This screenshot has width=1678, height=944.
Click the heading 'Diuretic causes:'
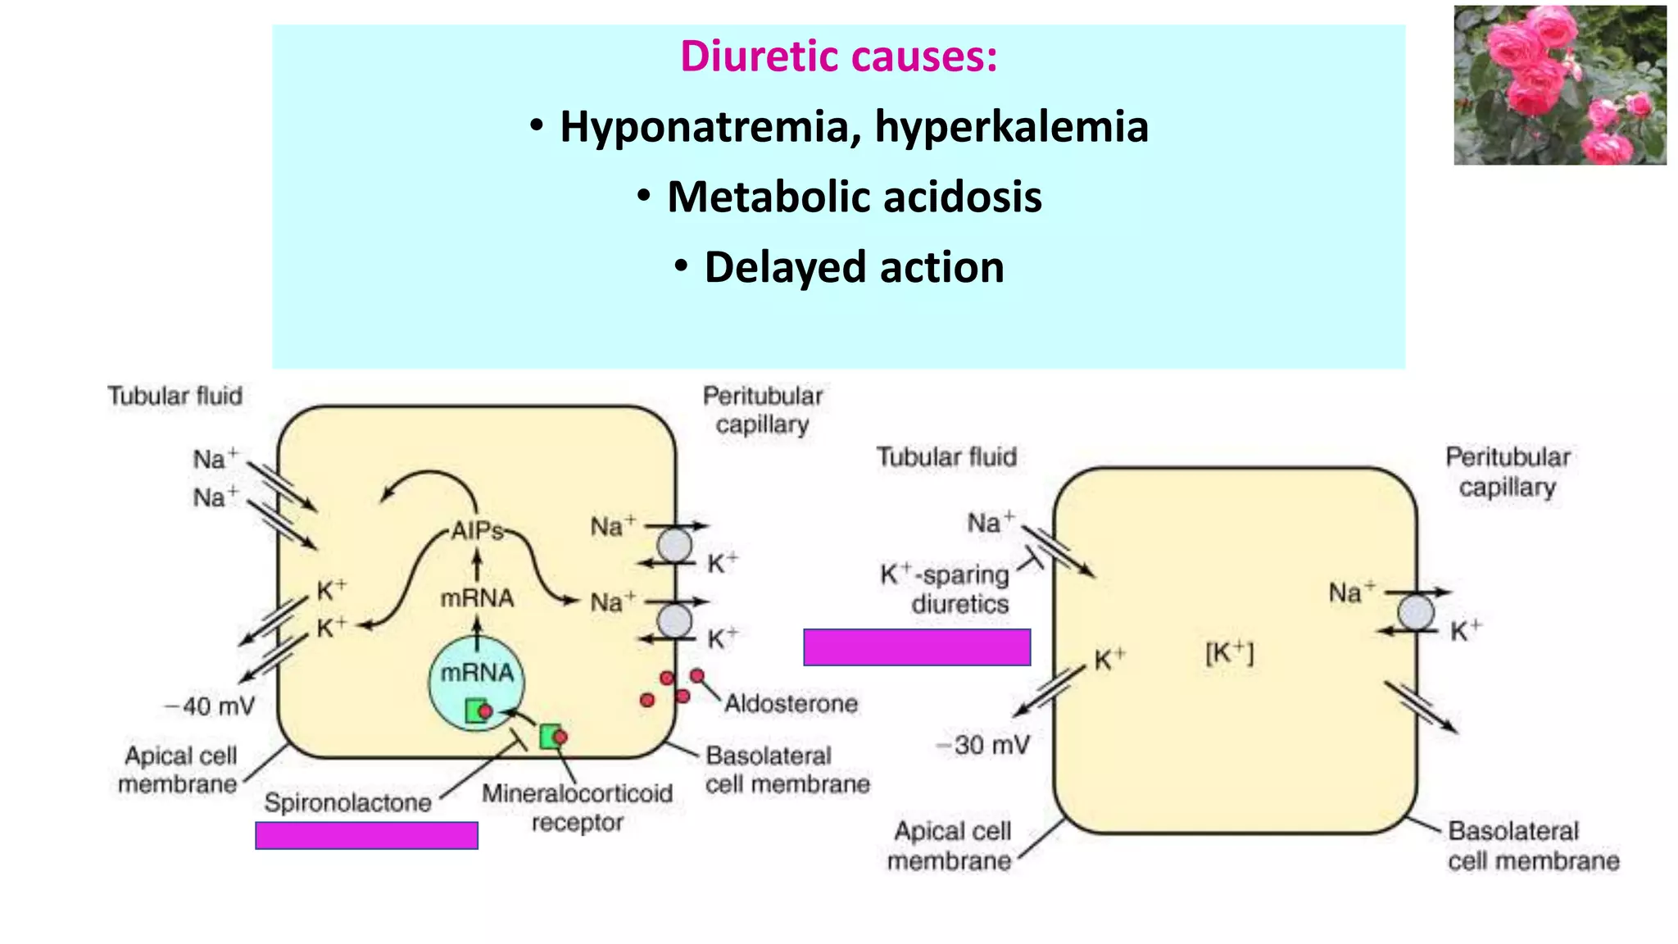(839, 57)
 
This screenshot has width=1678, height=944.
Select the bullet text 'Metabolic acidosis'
(854, 197)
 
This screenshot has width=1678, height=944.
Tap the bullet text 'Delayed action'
(854, 268)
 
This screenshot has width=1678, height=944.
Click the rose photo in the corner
(1559, 85)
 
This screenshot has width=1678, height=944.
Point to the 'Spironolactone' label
(347, 802)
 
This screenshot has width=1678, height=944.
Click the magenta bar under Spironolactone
(366, 835)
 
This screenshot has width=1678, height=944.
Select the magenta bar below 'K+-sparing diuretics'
(917, 647)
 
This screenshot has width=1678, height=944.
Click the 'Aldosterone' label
(791, 703)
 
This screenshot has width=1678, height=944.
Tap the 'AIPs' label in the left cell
(478, 531)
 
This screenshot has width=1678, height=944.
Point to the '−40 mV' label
(210, 706)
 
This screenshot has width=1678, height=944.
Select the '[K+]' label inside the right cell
(1229, 653)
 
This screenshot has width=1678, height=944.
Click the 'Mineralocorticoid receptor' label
(577, 807)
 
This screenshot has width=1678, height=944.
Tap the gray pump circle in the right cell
(1415, 612)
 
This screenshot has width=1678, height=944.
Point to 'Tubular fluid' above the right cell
(946, 456)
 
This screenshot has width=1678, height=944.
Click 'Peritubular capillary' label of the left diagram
(763, 410)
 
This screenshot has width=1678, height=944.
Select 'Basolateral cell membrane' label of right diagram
(1532, 846)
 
